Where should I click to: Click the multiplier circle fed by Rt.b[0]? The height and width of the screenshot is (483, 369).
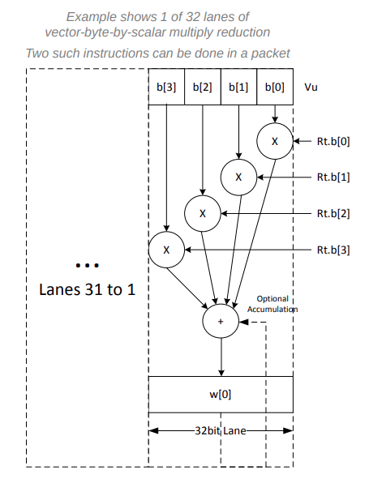273,142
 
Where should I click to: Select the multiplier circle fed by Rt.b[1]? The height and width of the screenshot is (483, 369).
238,177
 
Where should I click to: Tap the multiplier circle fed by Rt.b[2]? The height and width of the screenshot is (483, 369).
203,213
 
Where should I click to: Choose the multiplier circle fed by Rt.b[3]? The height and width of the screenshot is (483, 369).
166,250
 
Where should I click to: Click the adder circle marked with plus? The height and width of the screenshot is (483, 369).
220,320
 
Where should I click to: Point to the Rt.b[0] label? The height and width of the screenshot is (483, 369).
333,142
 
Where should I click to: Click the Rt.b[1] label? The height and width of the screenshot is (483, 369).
333,177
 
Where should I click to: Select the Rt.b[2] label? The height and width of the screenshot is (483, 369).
333,213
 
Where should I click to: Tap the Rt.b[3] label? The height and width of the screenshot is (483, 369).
333,250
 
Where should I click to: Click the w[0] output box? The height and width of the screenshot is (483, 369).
221,394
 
